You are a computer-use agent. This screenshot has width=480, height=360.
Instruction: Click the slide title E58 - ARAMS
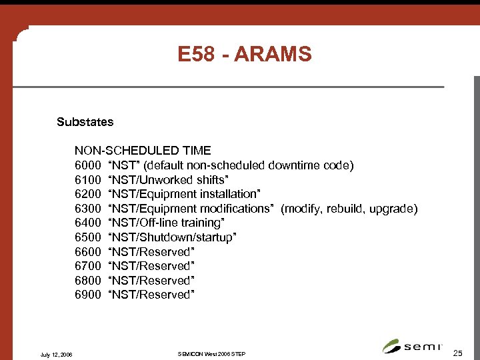click(245, 54)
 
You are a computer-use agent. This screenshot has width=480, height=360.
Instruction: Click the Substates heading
click(85, 122)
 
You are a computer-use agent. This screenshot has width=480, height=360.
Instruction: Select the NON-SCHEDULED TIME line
click(143, 151)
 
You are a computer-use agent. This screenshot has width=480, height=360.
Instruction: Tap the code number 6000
click(87, 165)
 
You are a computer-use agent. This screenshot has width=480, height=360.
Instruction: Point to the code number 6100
click(87, 180)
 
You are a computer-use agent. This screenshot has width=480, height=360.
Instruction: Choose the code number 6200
click(87, 194)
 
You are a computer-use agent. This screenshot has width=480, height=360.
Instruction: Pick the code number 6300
click(87, 209)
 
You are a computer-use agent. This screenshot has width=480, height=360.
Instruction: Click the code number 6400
click(87, 223)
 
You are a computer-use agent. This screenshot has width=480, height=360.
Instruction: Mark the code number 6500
click(87, 237)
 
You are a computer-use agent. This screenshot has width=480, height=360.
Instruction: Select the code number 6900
click(87, 295)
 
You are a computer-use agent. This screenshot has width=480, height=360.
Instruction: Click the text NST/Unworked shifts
click(168, 180)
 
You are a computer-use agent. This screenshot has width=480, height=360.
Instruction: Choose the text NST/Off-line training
click(167, 223)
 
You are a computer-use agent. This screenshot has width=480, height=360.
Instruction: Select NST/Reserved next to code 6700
click(151, 266)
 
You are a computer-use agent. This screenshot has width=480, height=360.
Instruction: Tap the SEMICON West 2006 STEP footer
click(212, 353)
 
